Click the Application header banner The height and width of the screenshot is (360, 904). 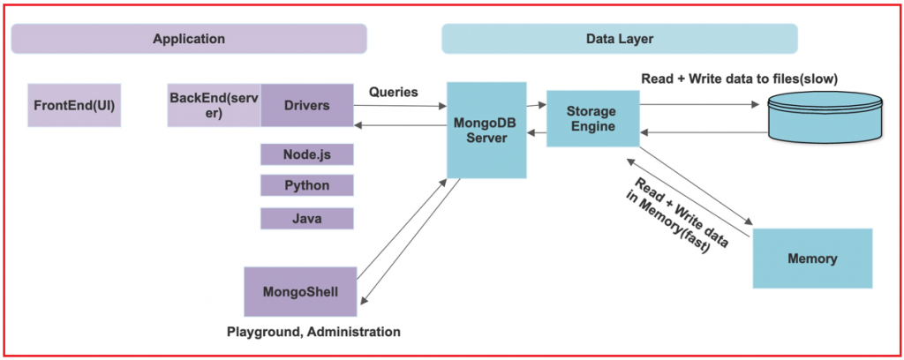189,39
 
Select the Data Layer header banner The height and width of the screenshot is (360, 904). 619,39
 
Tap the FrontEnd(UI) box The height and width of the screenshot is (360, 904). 74,106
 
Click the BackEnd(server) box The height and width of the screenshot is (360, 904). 214,106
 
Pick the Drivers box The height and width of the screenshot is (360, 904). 307,106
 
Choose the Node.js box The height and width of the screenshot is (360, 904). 307,154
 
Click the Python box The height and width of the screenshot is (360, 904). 307,185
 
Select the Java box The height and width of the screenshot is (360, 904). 307,217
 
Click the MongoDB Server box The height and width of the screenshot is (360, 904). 486,130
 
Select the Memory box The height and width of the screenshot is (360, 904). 812,259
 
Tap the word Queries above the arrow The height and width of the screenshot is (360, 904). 394,91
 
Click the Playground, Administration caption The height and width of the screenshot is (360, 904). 313,333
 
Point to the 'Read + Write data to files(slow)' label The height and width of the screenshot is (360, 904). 739,79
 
